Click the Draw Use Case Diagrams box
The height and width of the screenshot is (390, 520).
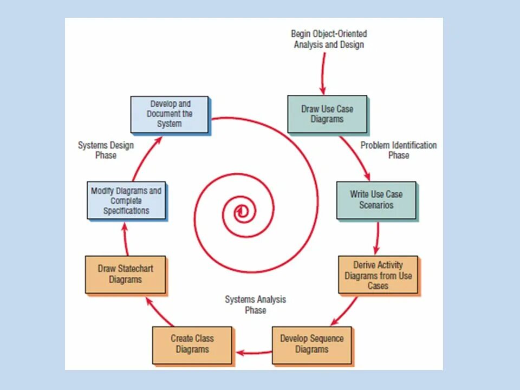coord(327,114)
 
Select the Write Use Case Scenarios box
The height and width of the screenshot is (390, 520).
coord(376,199)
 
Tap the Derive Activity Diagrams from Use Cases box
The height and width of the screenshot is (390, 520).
coord(378,275)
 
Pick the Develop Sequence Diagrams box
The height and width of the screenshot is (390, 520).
coord(311,344)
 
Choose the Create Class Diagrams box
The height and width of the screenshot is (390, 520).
coord(192,344)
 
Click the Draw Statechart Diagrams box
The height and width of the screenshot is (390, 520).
coord(125,274)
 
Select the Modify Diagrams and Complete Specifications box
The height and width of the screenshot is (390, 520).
coord(126,200)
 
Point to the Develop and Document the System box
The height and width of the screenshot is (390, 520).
coord(170,114)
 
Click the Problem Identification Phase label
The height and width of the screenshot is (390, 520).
coord(399,150)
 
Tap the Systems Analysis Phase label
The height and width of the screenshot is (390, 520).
coord(255,305)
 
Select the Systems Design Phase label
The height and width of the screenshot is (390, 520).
coord(106,150)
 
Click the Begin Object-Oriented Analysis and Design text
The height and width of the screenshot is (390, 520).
coord(329,40)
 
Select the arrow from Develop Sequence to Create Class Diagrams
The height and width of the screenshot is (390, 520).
coord(253,353)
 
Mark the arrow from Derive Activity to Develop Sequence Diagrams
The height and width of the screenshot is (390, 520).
coord(343,312)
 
